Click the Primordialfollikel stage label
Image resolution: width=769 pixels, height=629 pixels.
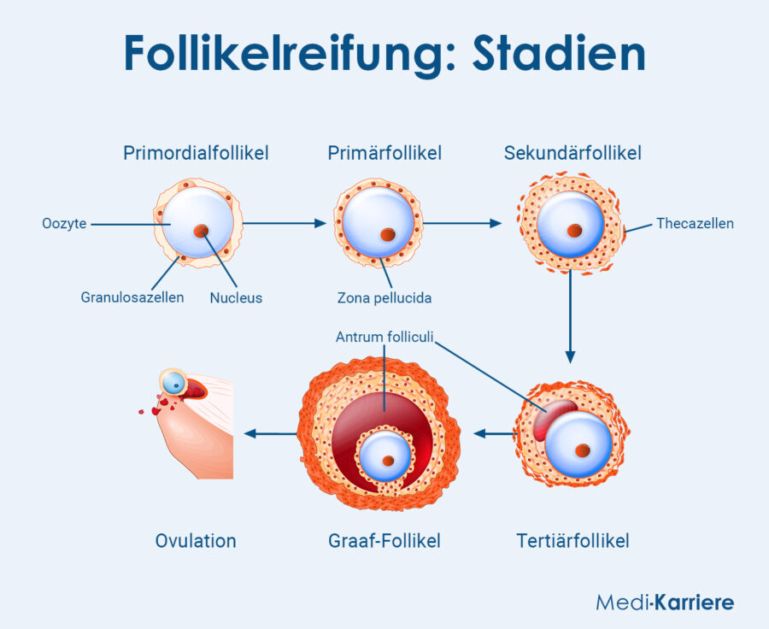point(196,153)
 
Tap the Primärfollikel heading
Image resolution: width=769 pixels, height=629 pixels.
point(384,153)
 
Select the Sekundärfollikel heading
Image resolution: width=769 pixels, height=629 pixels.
point(572,153)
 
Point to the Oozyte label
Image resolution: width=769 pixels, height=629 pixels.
point(64,224)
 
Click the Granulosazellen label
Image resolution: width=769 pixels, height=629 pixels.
point(132,297)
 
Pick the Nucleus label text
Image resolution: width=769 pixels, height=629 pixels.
point(236,298)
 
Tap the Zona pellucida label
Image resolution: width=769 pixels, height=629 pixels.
point(384,298)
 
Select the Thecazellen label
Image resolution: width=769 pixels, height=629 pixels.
point(695,224)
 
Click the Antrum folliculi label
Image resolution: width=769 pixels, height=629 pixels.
point(385,337)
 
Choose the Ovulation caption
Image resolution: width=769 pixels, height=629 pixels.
point(196,541)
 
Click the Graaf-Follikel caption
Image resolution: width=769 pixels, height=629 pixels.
point(384,541)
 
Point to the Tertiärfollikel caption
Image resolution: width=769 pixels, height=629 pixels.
point(572,541)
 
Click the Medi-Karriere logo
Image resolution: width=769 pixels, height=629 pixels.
point(665,603)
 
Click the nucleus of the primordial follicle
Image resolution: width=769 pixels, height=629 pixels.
point(201,231)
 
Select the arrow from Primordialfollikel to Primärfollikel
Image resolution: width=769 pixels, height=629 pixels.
point(285,223)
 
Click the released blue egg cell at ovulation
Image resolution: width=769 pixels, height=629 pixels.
point(175,384)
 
